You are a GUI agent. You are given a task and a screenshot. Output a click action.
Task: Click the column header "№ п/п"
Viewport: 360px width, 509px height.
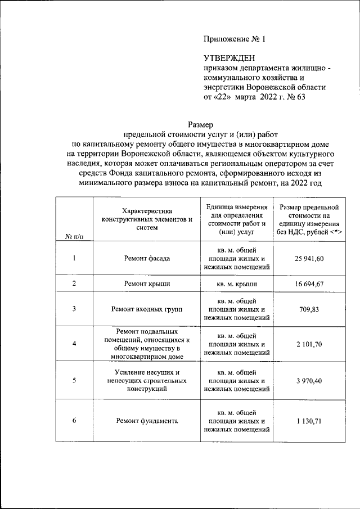tap(74, 237)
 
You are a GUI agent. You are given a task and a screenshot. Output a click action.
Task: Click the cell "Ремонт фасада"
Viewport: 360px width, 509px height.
tap(147, 259)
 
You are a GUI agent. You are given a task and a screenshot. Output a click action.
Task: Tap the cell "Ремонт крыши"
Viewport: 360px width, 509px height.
tap(147, 284)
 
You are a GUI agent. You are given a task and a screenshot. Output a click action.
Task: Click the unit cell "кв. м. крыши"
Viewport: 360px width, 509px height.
tap(235, 284)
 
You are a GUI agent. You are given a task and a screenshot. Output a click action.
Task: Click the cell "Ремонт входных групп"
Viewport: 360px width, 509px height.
tap(147, 309)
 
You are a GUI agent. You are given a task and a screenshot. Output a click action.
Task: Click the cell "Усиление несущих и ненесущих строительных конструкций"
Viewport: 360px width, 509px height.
tap(147, 380)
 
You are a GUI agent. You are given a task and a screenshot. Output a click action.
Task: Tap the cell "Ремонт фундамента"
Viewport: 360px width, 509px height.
tap(147, 421)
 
